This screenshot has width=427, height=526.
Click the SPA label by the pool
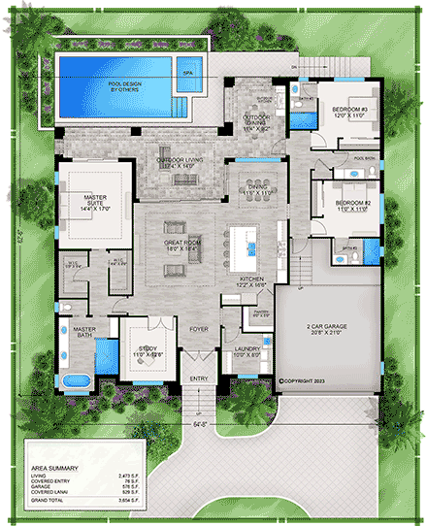click(187, 72)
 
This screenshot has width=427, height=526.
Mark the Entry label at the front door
click(199, 378)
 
